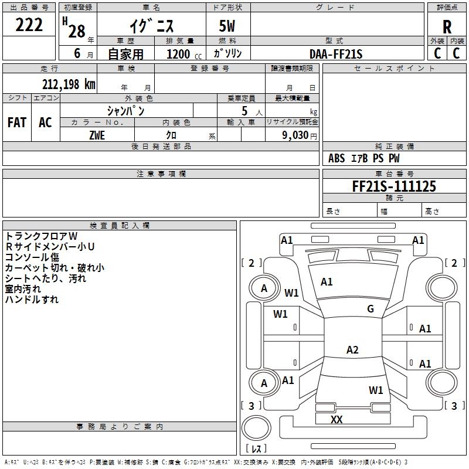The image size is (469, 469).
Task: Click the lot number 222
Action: (29, 25)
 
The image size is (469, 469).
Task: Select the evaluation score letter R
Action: (447, 27)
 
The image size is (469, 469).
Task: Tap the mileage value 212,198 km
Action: (69, 84)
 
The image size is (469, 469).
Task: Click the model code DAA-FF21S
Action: (336, 54)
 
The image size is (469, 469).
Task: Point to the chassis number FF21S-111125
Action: (394, 186)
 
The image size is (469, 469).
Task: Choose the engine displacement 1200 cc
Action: (184, 54)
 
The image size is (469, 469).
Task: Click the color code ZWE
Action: (97, 135)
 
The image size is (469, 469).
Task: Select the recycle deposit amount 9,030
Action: (295, 135)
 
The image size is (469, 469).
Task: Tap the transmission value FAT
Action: (17, 123)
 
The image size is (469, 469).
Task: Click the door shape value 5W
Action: (227, 26)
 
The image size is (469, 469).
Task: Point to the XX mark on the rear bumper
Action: (337, 419)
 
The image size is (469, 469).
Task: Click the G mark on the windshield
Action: (371, 309)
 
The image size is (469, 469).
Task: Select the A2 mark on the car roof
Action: (352, 349)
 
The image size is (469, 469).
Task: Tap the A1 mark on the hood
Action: (327, 282)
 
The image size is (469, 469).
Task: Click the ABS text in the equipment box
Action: (337, 158)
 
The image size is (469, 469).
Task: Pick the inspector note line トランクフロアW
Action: (42, 236)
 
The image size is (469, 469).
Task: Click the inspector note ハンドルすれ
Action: (32, 300)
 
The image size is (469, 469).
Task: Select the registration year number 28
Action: (77, 31)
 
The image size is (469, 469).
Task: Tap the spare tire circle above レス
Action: (256, 428)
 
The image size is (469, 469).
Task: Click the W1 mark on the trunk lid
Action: (376, 390)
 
